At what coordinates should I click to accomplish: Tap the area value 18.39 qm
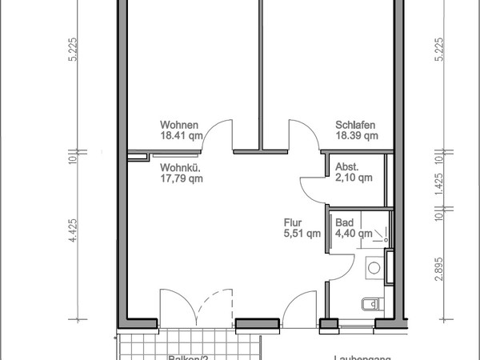pyautogui.click(x=356, y=136)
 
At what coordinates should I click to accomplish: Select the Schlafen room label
pyautogui.click(x=356, y=125)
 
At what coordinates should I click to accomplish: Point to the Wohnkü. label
pyautogui.click(x=180, y=167)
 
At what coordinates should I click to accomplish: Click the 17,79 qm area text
pyautogui.click(x=182, y=178)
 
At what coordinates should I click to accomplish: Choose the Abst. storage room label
pyautogui.click(x=347, y=167)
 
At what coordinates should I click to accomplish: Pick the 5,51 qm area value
pyautogui.click(x=302, y=234)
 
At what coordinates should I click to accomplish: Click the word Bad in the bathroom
pyautogui.click(x=344, y=222)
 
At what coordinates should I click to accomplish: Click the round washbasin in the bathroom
pyautogui.click(x=374, y=268)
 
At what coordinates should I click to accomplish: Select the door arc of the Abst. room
pyautogui.click(x=309, y=188)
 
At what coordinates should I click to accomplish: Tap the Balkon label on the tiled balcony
pyautogui.click(x=188, y=357)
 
